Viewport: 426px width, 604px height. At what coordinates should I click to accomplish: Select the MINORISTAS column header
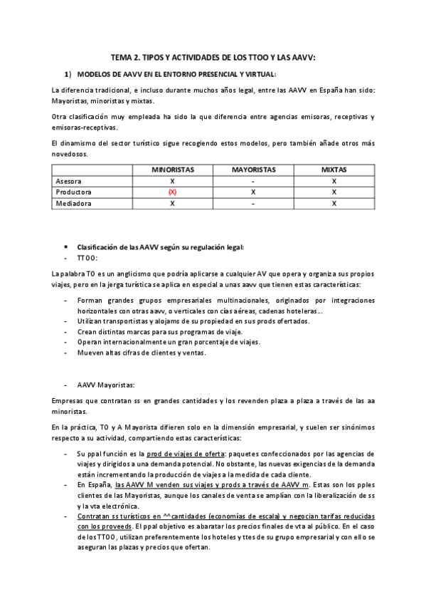click(172, 170)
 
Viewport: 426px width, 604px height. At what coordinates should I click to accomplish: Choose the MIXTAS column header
click(334, 170)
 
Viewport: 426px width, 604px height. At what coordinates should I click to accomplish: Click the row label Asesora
click(68, 182)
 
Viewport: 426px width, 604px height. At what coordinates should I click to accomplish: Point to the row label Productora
click(73, 192)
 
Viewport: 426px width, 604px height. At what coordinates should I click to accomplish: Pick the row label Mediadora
click(72, 204)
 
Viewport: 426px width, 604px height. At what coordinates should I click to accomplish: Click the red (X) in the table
click(172, 192)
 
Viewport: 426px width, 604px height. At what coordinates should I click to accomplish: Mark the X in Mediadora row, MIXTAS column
click(334, 204)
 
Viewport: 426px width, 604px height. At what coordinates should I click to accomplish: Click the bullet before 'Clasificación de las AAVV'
click(65, 247)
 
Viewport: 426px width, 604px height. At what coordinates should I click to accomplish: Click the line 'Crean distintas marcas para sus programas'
click(159, 332)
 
